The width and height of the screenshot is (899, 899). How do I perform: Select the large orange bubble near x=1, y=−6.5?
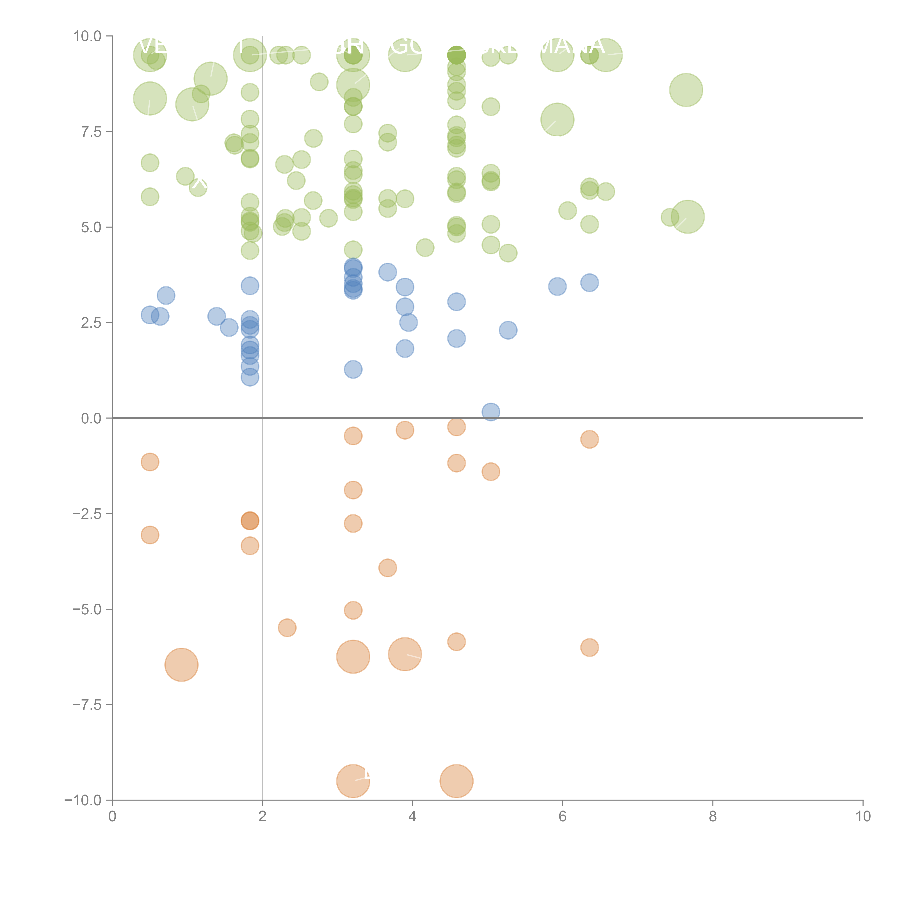(181, 665)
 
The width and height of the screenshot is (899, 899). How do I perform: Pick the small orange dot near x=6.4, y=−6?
(589, 647)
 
